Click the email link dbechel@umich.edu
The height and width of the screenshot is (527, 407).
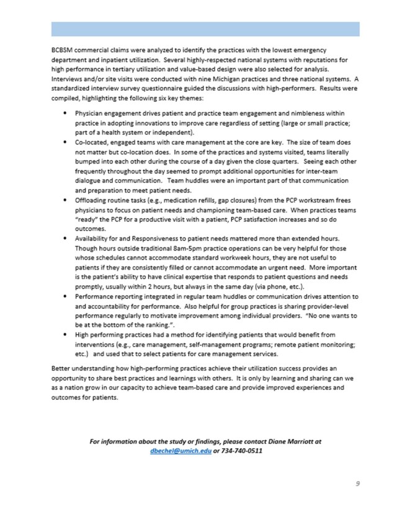click(x=176, y=451)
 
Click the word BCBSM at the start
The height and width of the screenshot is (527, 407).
click(x=62, y=49)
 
